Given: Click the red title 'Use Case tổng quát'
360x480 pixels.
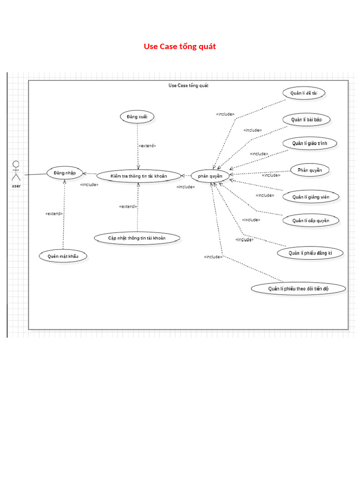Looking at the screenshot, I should pyautogui.click(x=180, y=46).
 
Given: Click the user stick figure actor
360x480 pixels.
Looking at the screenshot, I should pyautogui.click(x=16, y=172).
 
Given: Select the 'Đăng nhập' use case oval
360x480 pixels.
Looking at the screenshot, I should pyautogui.click(x=64, y=173).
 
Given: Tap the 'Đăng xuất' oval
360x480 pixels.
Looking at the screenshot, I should pyautogui.click(x=137, y=117).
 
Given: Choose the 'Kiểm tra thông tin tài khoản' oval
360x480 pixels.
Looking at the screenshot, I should pyautogui.click(x=139, y=176).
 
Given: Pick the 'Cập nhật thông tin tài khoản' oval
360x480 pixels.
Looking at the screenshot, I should pyautogui.click(x=137, y=238).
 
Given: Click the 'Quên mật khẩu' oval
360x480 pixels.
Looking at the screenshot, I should pyautogui.click(x=63, y=256).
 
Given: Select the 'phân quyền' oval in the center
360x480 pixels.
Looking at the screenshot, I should pyautogui.click(x=210, y=176).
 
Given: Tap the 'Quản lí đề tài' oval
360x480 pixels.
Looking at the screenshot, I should pyautogui.click(x=304, y=93).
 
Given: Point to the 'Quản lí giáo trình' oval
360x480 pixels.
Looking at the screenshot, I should pyautogui.click(x=310, y=143).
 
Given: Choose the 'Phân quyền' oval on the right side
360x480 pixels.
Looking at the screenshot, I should pyautogui.click(x=310, y=170).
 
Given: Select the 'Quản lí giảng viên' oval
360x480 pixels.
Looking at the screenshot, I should pyautogui.click(x=311, y=197).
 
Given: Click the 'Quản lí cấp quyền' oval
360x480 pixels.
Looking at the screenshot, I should pyautogui.click(x=311, y=221).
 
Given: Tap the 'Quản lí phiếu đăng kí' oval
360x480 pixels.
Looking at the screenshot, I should pyautogui.click(x=310, y=253).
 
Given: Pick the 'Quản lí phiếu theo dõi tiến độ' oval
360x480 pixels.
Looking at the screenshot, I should pyautogui.click(x=299, y=289).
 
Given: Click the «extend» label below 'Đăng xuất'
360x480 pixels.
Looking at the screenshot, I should pyautogui.click(x=147, y=146).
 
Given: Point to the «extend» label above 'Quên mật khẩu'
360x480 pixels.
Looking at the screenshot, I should pyautogui.click(x=54, y=214).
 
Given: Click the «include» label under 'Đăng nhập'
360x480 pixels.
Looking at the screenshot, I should pyautogui.click(x=89, y=185).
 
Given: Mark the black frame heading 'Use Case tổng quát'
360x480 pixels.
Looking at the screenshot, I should pyautogui.click(x=188, y=85).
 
